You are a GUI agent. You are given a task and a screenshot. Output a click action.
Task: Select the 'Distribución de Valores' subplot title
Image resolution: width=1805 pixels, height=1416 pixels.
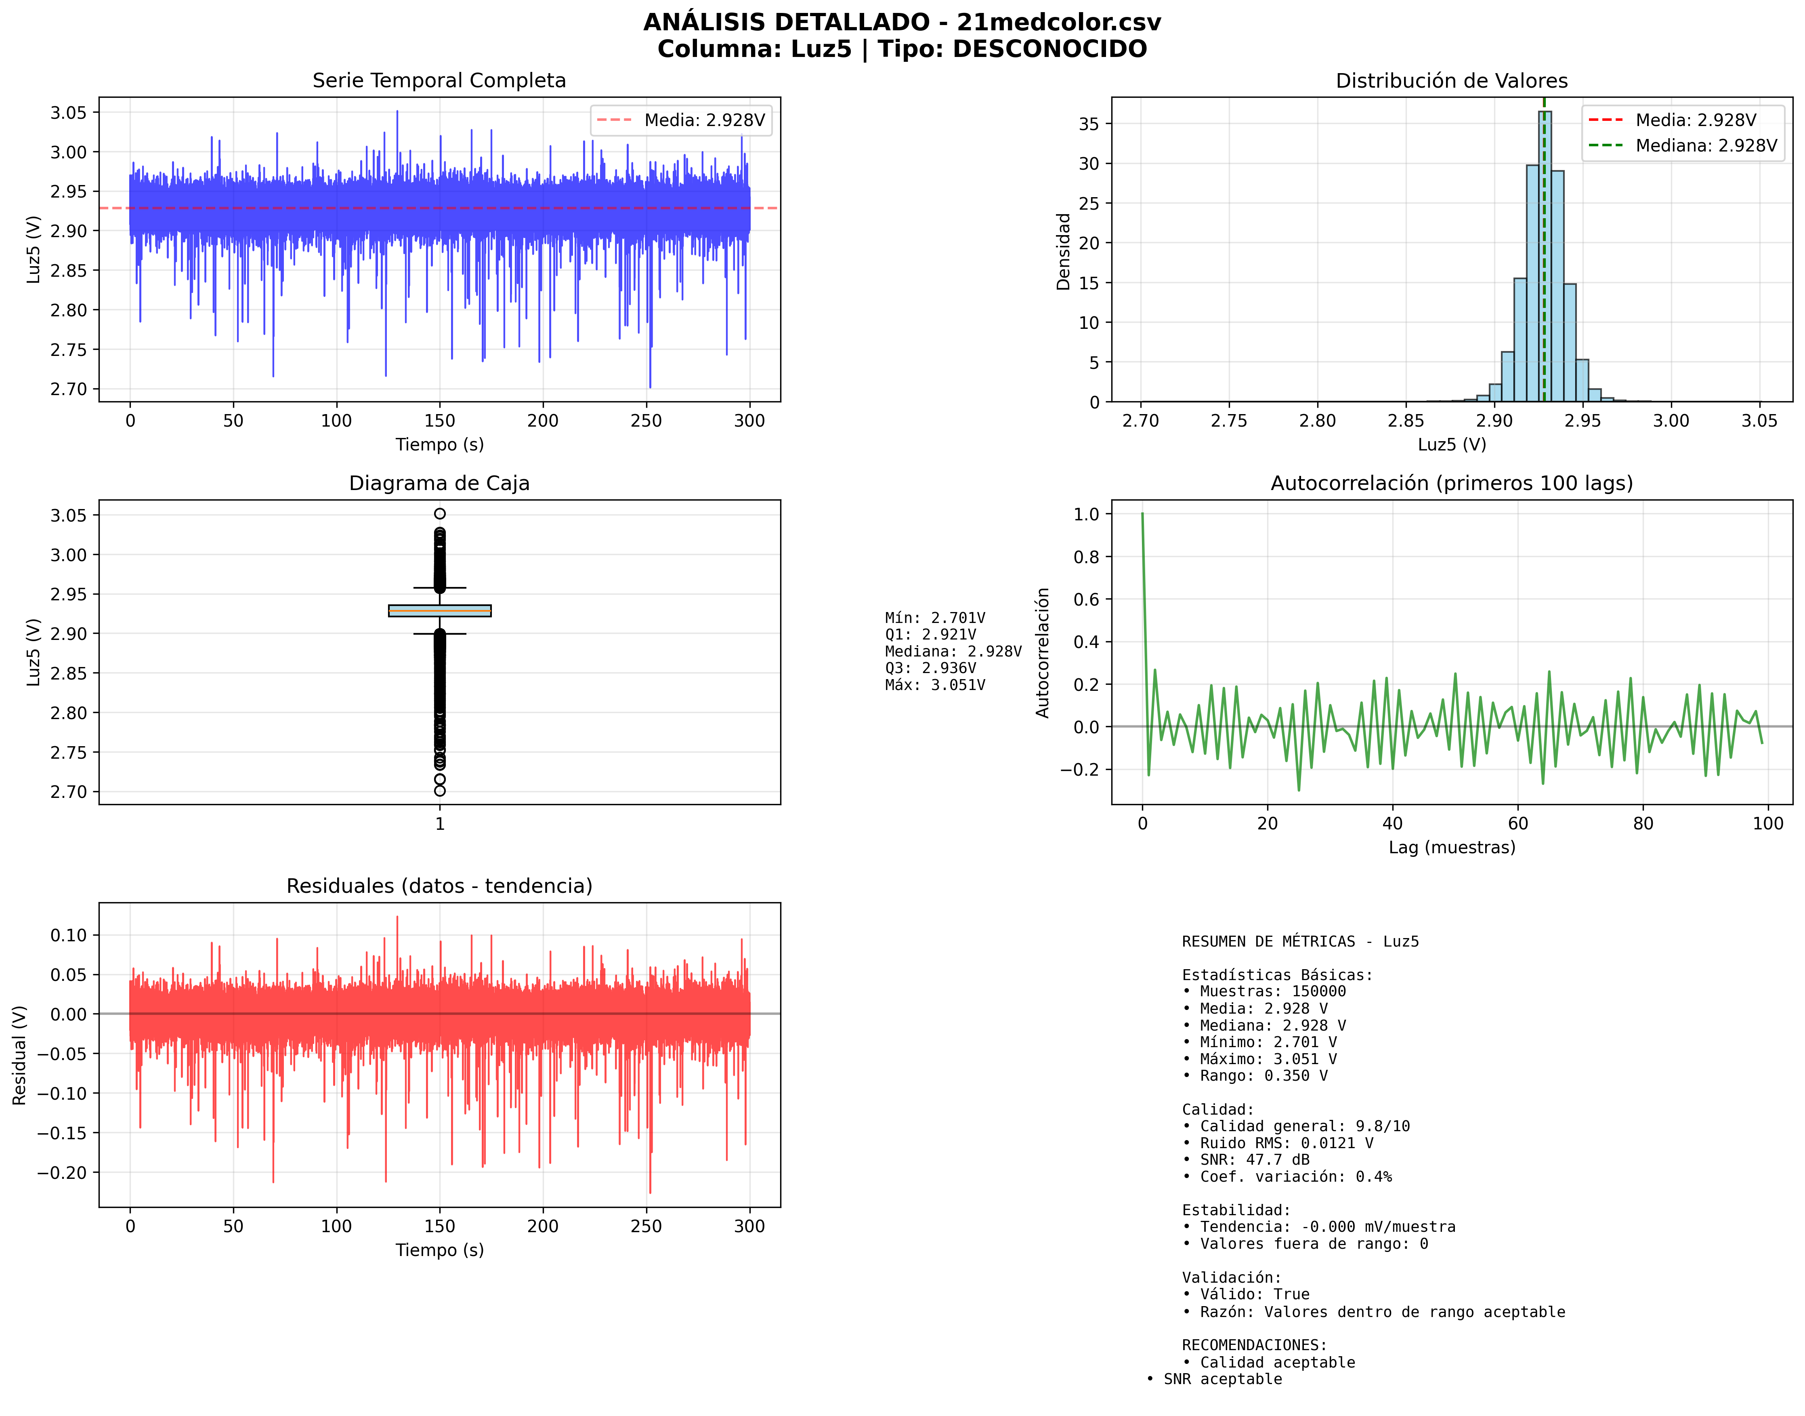point(1451,80)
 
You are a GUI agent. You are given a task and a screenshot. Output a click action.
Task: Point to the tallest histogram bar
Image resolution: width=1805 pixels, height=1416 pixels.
point(1545,249)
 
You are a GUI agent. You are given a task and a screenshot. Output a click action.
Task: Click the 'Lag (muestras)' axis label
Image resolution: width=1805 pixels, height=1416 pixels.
point(1451,847)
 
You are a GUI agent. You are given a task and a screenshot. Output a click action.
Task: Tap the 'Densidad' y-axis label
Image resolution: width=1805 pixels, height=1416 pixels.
point(1063,251)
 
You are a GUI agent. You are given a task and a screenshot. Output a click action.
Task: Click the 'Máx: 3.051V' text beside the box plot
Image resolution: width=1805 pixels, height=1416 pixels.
point(935,685)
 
